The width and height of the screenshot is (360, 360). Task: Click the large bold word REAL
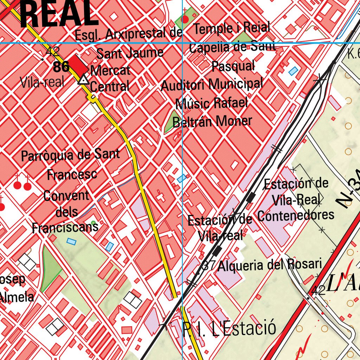coord(59,14)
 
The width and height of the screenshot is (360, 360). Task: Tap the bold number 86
coord(61,67)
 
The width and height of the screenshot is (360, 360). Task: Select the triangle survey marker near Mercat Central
coord(83,80)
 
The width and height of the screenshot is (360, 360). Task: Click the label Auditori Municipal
coord(212,84)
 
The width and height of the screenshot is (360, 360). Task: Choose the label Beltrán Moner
coord(212,122)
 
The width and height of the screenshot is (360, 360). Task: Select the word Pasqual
coord(233,66)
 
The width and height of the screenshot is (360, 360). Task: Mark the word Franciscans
coord(65,227)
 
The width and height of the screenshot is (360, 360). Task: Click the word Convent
coord(66,196)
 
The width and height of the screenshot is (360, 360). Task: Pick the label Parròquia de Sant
coord(70,155)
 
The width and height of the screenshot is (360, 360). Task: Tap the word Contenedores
coord(296,215)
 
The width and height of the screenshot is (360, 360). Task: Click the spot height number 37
coord(209,265)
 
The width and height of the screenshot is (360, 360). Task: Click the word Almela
coord(17,297)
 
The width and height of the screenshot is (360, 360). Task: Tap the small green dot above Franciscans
coord(93,223)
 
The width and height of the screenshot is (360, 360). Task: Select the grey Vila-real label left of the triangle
coord(42,82)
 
